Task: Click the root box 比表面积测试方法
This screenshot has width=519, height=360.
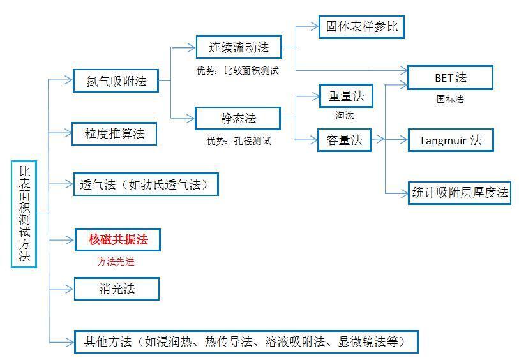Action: pyautogui.click(x=24, y=213)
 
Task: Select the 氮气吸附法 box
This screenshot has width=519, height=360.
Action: pyautogui.click(x=116, y=81)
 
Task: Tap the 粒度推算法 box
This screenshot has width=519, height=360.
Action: pyautogui.click(x=114, y=133)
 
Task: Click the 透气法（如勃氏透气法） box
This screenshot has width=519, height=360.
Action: pyautogui.click(x=146, y=184)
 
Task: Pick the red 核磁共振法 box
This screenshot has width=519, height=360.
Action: pyautogui.click(x=117, y=239)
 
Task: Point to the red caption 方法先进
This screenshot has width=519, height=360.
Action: pyautogui.click(x=116, y=261)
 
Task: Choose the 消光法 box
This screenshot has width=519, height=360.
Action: pyautogui.click(x=117, y=289)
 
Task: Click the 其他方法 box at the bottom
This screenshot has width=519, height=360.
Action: pyautogui.click(x=246, y=341)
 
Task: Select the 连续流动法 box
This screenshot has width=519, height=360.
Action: pyautogui.click(x=238, y=47)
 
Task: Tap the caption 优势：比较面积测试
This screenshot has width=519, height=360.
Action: pyautogui.click(x=237, y=70)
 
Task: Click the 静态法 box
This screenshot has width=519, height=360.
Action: pyautogui.click(x=237, y=117)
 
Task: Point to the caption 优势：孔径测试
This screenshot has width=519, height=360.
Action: pyautogui.click(x=238, y=140)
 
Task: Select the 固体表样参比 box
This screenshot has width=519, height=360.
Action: pyautogui.click(x=361, y=27)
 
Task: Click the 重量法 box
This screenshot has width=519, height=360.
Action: pyautogui.click(x=345, y=96)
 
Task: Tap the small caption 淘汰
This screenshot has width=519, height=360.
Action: pyautogui.click(x=345, y=116)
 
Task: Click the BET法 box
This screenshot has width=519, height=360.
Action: pyautogui.click(x=450, y=78)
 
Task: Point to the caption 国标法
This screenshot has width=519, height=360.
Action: pyautogui.click(x=450, y=99)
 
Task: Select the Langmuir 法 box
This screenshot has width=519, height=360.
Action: pyautogui.click(x=451, y=140)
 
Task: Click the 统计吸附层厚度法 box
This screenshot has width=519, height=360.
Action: pyautogui.click(x=460, y=192)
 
